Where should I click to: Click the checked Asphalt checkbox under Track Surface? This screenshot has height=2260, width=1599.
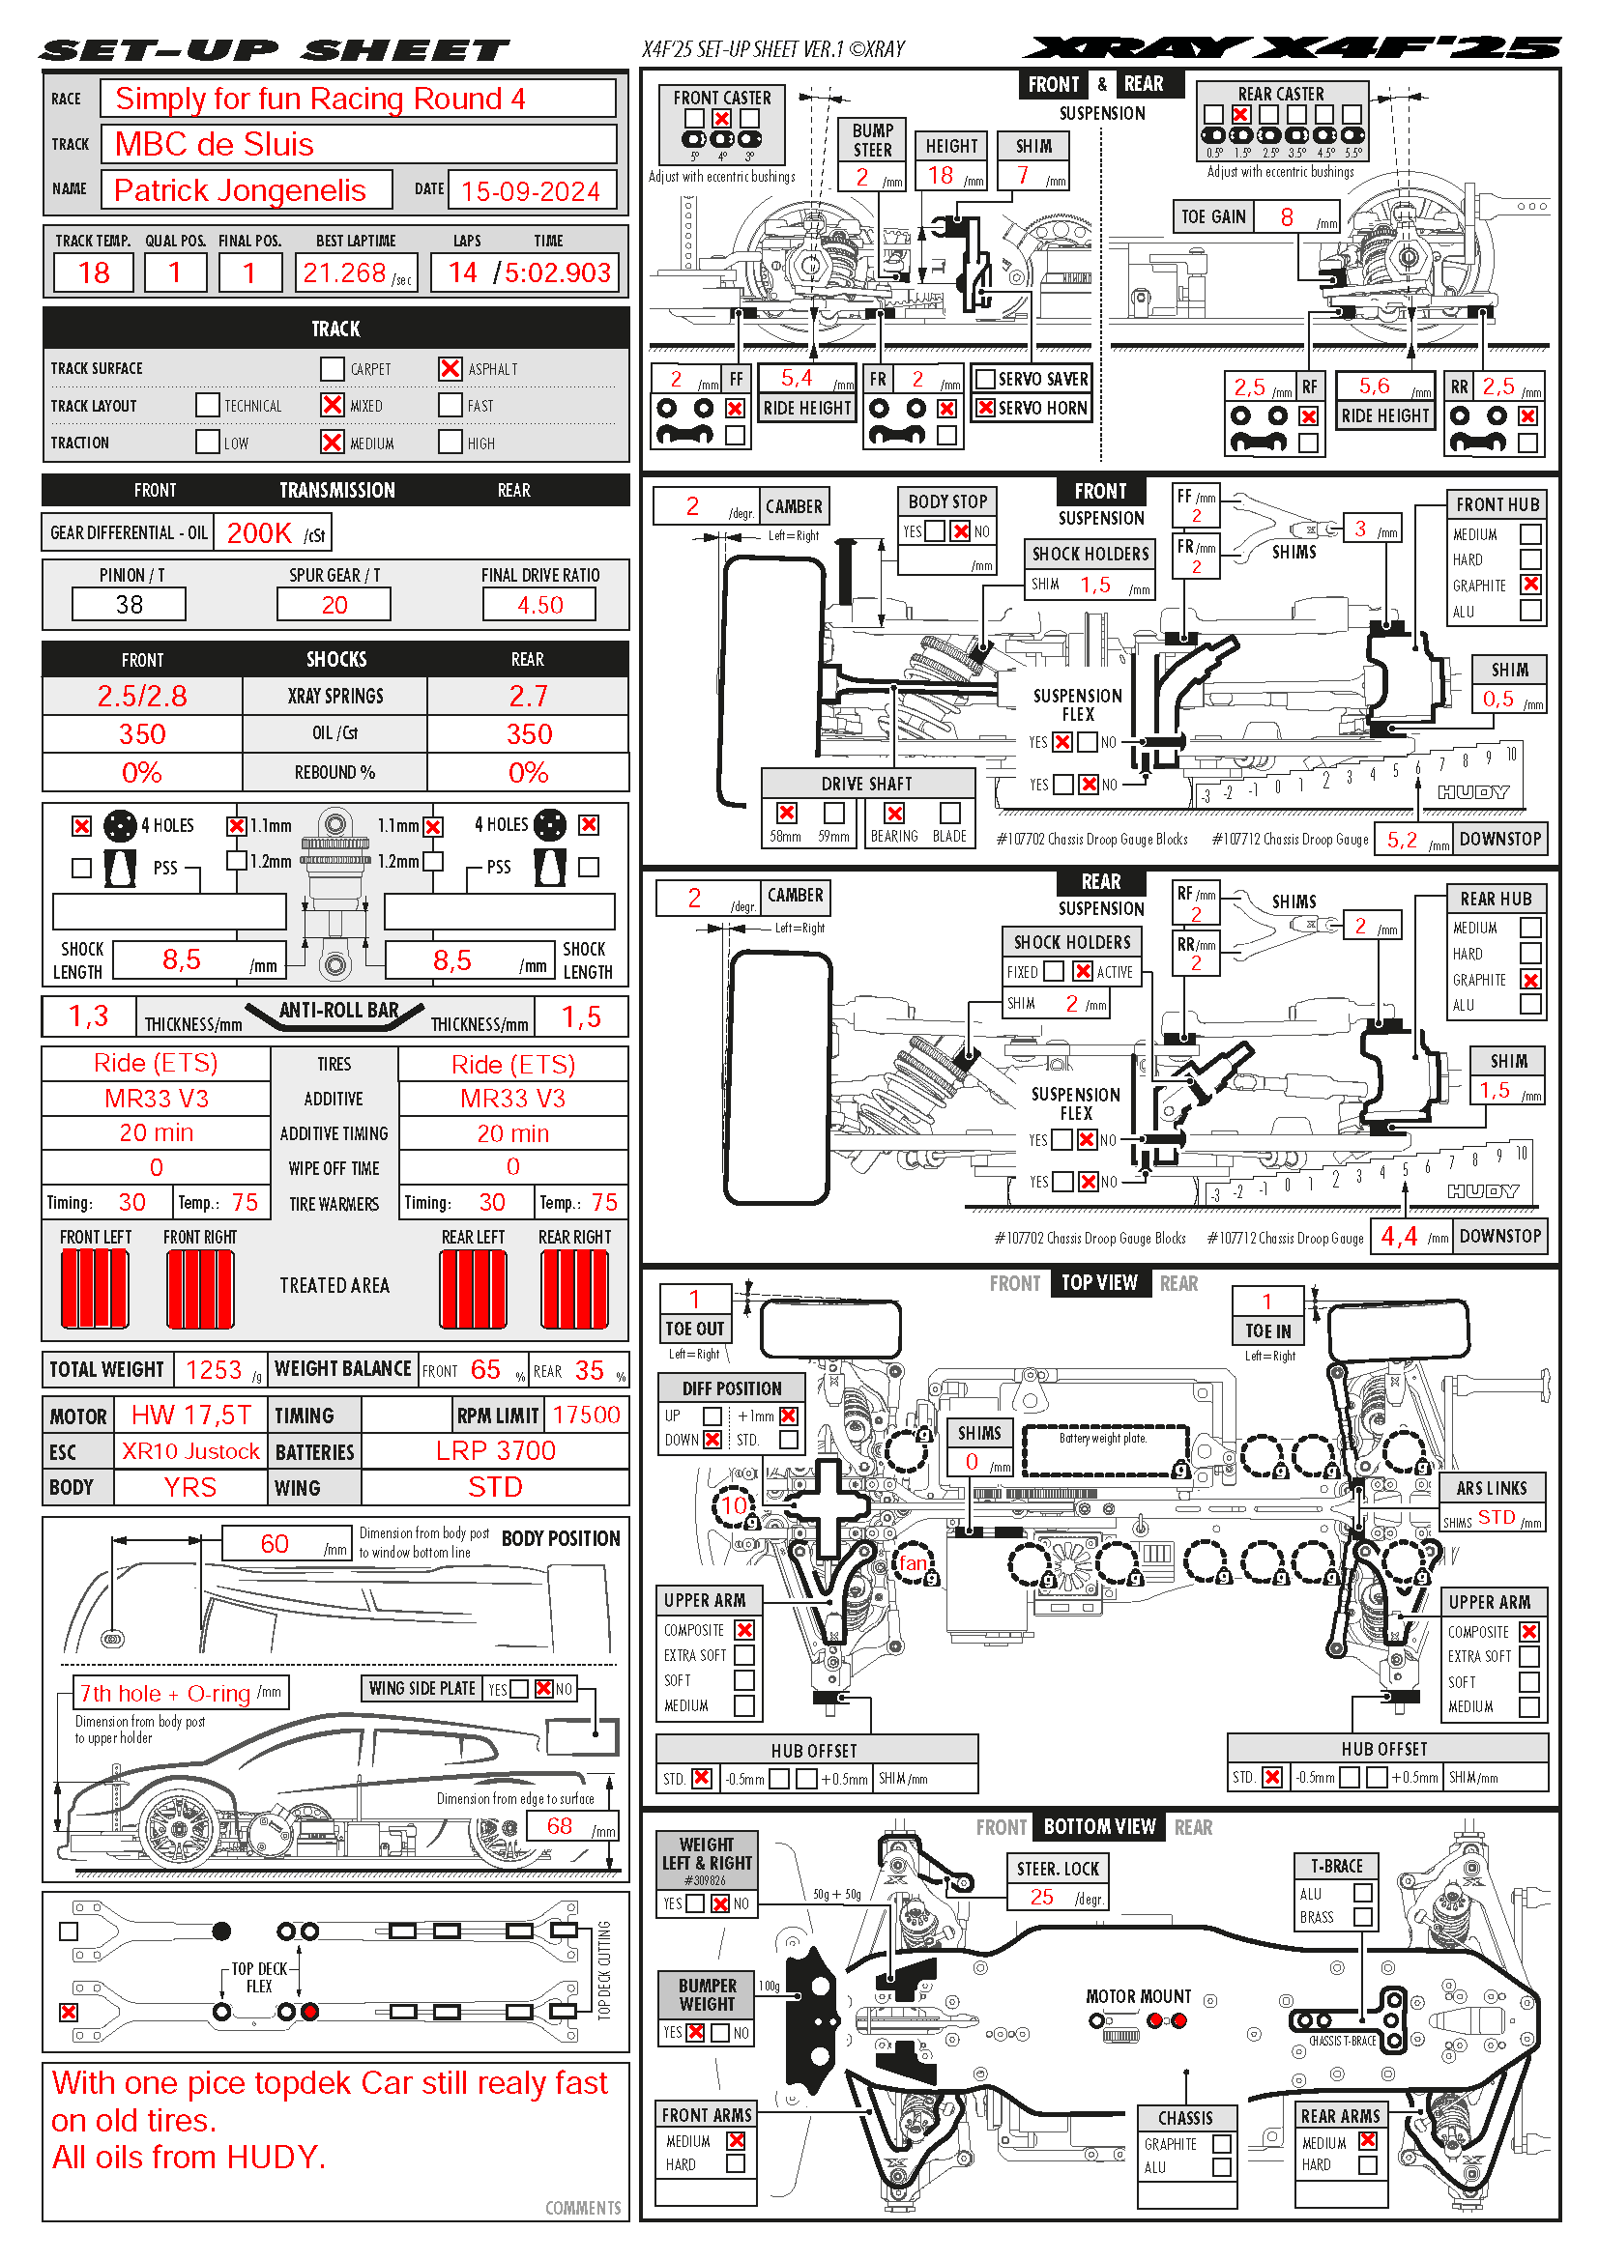[x=450, y=368]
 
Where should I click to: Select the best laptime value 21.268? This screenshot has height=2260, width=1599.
[x=344, y=272]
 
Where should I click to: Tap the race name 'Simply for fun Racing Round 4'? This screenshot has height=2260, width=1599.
[x=320, y=99]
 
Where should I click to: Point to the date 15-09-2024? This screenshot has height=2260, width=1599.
[x=530, y=190]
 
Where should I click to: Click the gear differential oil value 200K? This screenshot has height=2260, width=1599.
[x=259, y=533]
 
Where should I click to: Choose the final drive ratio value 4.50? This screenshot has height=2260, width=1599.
[x=539, y=604]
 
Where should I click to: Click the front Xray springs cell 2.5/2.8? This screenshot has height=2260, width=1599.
[x=142, y=696]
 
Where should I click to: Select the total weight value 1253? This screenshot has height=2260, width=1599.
[x=213, y=1369]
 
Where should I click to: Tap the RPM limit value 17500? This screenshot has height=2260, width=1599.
[x=586, y=1415]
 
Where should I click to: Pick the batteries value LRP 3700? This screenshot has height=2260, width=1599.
[x=495, y=1451]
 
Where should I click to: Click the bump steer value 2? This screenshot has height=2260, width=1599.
[x=862, y=177]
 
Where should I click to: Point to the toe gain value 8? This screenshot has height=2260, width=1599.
[x=1286, y=216]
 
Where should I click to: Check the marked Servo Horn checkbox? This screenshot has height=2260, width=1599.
[x=984, y=408]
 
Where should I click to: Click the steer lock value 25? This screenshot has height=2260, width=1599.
[x=1042, y=1897]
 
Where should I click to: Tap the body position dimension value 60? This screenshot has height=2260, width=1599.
[x=275, y=1543]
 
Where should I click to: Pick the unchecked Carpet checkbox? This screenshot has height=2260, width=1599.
[x=332, y=368]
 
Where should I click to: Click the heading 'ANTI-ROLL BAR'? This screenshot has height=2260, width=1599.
[x=338, y=1010]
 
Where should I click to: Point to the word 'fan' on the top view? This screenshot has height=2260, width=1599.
[x=913, y=1562]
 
